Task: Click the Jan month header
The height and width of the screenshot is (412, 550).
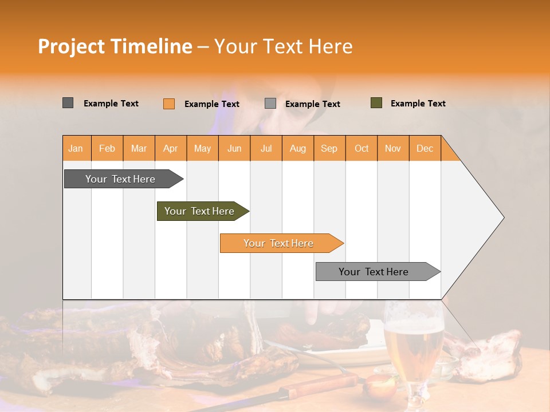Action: (x=76, y=148)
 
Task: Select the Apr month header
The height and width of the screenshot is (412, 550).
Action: (x=171, y=148)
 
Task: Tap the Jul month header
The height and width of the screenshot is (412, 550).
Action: (x=266, y=148)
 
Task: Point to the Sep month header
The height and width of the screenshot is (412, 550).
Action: (x=329, y=148)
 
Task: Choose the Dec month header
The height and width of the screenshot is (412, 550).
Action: (x=425, y=148)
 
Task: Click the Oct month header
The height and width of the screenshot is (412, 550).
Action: (x=362, y=148)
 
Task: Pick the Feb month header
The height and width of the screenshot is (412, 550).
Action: (x=107, y=148)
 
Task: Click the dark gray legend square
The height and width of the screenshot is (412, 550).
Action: (x=68, y=103)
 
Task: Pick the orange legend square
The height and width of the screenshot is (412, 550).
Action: (x=169, y=104)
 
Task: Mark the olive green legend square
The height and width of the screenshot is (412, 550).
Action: (x=376, y=103)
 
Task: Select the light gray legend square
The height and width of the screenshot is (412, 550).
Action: (x=270, y=104)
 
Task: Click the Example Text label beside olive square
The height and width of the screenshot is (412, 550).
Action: (x=418, y=104)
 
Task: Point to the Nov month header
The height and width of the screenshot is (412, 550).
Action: (x=393, y=148)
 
